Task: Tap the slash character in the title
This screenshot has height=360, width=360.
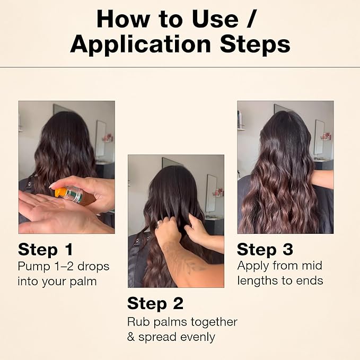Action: pos(251,19)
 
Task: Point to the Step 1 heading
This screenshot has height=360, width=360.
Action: pos(46,249)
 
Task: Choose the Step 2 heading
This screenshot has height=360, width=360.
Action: pos(155,303)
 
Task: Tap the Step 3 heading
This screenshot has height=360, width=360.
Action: pos(265,249)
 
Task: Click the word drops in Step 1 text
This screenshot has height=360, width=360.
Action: pos(93,267)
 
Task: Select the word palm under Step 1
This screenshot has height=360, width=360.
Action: pos(83,282)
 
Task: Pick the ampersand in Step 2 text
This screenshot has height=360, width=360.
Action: pos(131,337)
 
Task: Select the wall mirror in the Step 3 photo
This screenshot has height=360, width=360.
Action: pos(319,137)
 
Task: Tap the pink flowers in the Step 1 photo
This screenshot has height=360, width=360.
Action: pos(108,138)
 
